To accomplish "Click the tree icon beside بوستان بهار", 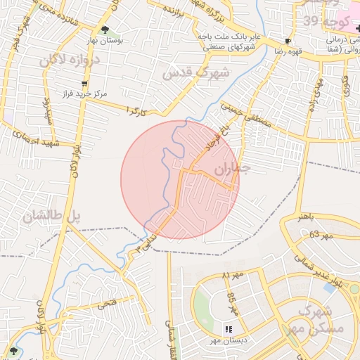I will click(105, 30).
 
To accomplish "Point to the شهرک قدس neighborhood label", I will click(196, 72).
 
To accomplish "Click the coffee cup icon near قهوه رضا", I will click(288, 41).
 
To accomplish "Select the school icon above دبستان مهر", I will click(229, 329).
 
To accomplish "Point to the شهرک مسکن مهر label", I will click(321, 320).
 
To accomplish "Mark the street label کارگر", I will click(135, 110).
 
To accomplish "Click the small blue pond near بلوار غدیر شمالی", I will click(329, 287).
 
